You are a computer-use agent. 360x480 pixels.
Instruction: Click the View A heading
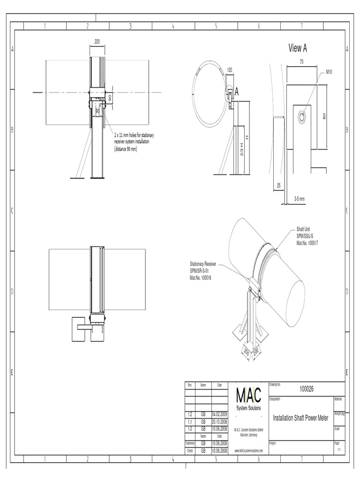[x=298, y=48]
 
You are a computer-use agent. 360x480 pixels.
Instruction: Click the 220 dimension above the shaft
[x=97, y=42]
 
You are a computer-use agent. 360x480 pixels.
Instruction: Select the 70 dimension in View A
[x=302, y=61]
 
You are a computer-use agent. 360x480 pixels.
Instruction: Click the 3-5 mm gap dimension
[x=300, y=199]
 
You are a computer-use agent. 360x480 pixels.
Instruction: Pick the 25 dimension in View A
[x=278, y=186]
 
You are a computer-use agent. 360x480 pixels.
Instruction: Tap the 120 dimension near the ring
[x=230, y=70]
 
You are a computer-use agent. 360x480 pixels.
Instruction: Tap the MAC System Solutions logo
[x=248, y=397]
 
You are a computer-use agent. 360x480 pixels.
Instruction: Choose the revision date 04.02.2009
[x=219, y=414]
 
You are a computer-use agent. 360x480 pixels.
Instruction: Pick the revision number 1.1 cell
[x=190, y=421]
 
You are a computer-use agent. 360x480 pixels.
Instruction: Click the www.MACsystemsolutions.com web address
[x=248, y=450]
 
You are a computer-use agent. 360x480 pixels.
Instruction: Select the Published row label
[x=190, y=442]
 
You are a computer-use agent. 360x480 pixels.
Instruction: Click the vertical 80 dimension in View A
[x=324, y=116]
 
